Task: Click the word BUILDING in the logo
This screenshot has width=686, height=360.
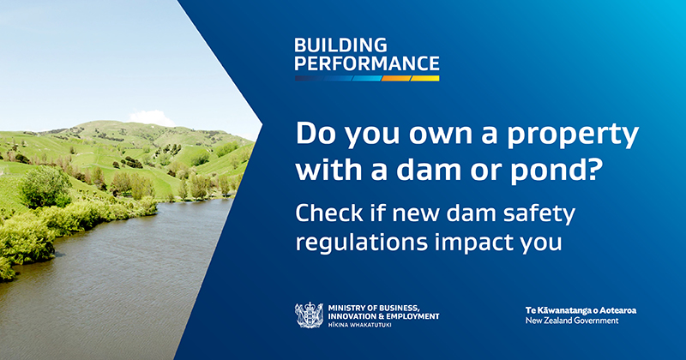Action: click(x=340, y=45)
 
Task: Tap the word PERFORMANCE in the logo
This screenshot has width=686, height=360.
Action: click(x=367, y=63)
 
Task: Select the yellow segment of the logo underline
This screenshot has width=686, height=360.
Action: click(x=424, y=78)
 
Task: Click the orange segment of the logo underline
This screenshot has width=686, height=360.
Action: click(x=396, y=78)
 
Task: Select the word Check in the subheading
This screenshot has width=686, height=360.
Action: click(x=329, y=213)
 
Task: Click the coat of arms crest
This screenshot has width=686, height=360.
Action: click(x=309, y=315)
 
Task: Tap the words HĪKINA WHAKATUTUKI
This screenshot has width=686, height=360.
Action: click(x=359, y=325)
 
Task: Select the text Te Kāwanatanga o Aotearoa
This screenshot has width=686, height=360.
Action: click(x=581, y=310)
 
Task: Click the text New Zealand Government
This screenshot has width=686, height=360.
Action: click(x=572, y=321)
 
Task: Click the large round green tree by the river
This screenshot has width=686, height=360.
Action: click(x=45, y=187)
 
